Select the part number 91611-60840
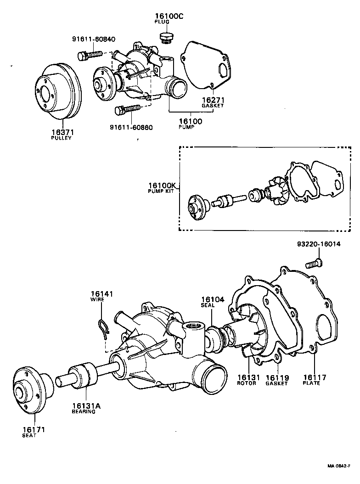pos(94,39)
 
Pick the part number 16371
pos(62,132)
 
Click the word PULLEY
pos(62,138)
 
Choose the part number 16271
pos(213,100)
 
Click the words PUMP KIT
pos(161,191)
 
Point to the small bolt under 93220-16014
pos(314,264)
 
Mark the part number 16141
pos(101,294)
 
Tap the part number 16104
pos(212,299)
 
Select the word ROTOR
pos(247,383)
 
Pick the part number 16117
pos(315,377)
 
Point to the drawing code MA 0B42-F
pos(342,466)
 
